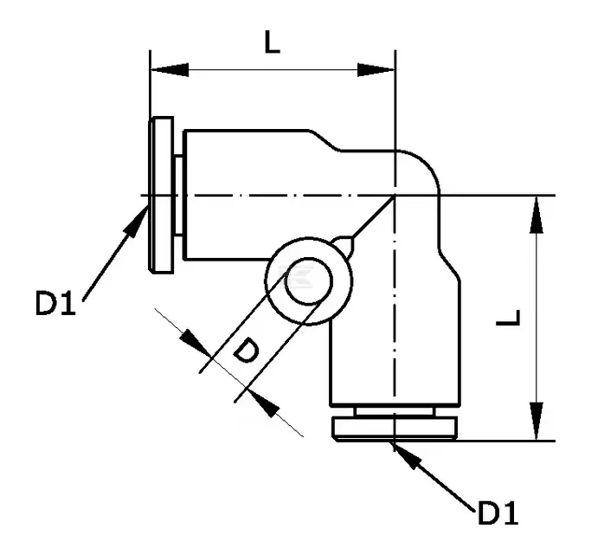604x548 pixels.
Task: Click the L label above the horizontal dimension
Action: click(272, 42)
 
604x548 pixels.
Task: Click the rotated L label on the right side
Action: click(509, 318)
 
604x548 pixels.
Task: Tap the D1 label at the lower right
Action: click(498, 513)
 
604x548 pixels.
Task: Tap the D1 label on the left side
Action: click(55, 303)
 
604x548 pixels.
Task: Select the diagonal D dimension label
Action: click(246, 351)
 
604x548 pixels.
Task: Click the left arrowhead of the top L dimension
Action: click(170, 70)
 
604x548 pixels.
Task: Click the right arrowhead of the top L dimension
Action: click(376, 70)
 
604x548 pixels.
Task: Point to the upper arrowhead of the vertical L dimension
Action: click(537, 215)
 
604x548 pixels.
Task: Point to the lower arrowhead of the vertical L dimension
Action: click(537, 422)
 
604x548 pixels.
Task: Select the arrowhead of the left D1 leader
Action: click(136, 222)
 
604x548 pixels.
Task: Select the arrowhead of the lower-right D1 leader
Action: click(407, 456)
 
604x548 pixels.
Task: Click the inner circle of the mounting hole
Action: click(308, 281)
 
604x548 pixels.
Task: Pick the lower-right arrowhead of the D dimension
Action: click(263, 404)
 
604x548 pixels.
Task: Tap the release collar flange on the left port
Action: click(162, 196)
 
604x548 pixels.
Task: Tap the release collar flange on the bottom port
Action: click(395, 429)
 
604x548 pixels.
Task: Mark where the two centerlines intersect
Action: click(395, 196)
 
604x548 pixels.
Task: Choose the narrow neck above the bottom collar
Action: click(395, 411)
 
